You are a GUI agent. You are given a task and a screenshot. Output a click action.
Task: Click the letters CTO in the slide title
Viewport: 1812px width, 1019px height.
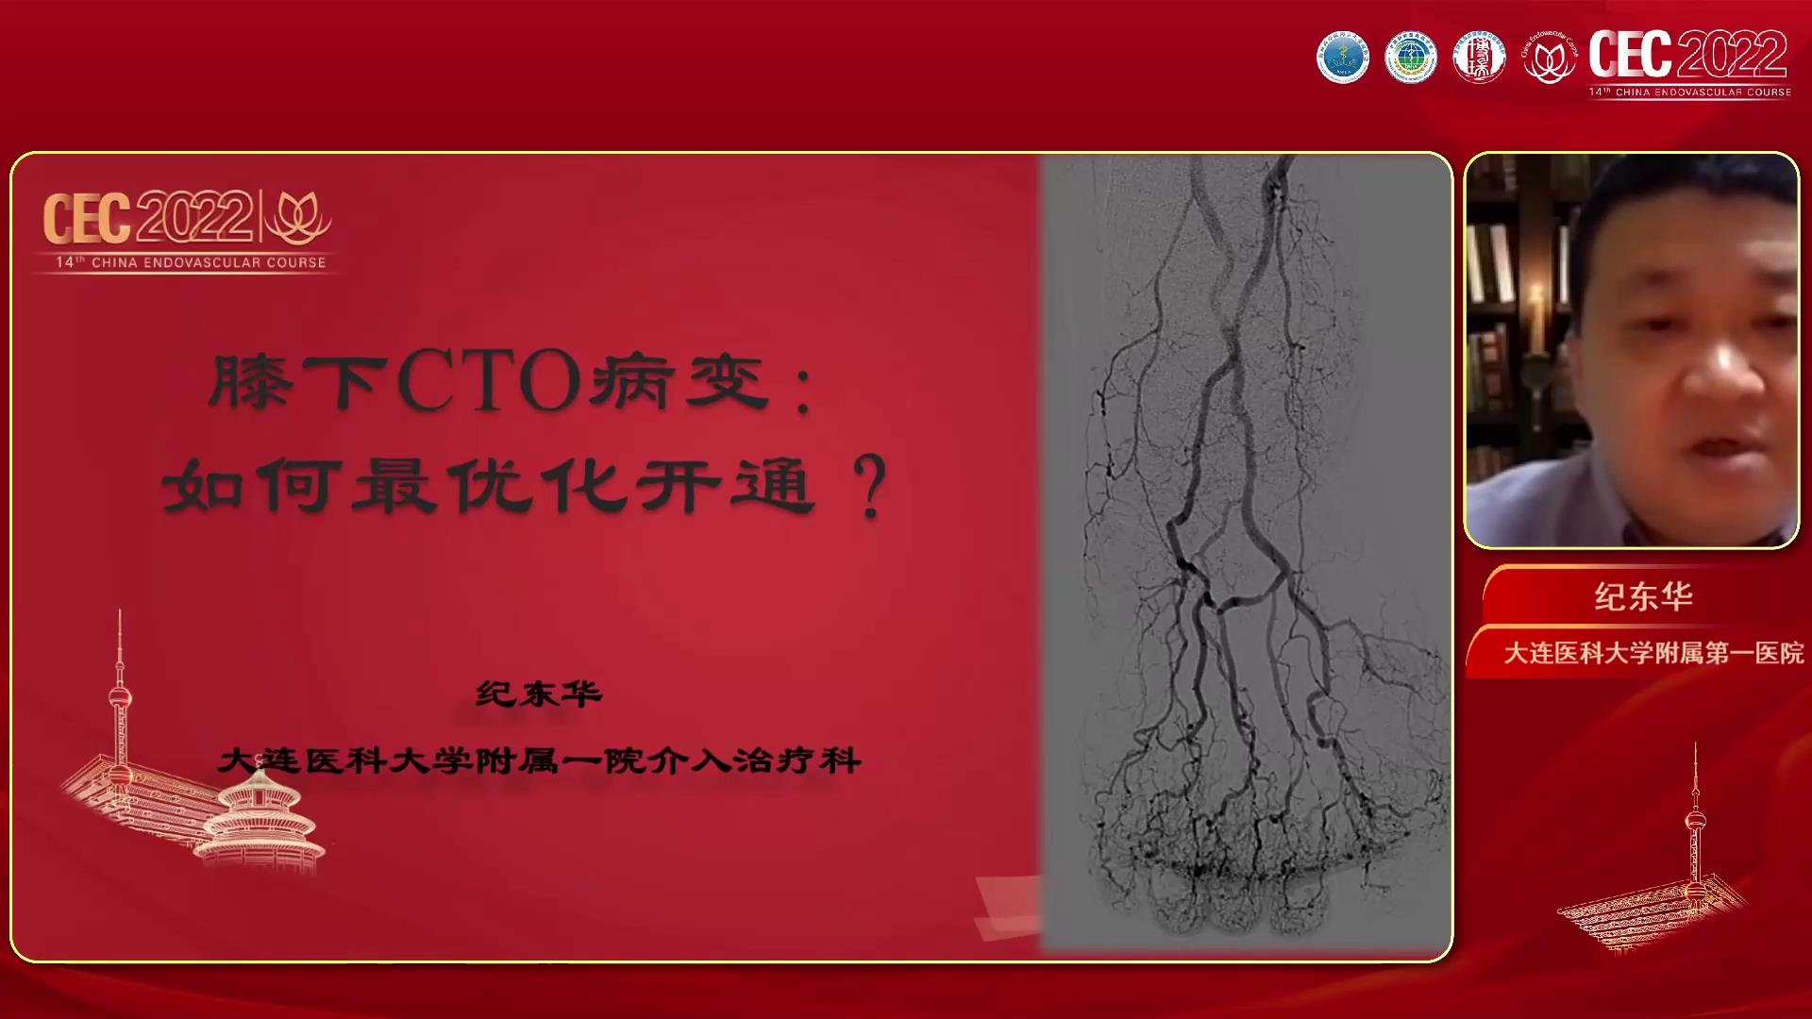tap(489, 382)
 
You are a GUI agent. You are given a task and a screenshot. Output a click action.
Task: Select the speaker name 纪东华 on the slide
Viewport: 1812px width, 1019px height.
tap(539, 694)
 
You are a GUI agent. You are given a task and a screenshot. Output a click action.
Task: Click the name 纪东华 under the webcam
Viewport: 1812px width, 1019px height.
tap(1643, 596)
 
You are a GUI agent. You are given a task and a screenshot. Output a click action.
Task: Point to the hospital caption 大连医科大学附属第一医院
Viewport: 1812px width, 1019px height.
tap(1653, 653)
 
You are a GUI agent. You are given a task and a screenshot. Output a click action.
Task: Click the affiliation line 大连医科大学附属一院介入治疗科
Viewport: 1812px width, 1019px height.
tap(539, 760)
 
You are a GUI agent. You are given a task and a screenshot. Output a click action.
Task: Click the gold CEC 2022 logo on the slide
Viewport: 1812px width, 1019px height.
tap(148, 218)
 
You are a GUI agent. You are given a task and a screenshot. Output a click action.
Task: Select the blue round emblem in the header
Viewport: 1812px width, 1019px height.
tap(1342, 58)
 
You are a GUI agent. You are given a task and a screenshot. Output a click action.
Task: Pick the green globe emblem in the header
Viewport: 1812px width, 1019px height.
tap(1410, 58)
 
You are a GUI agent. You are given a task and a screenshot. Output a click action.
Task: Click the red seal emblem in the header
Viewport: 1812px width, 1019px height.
tap(1478, 58)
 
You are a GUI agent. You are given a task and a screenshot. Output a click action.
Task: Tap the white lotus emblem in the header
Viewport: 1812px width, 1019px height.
tap(1548, 58)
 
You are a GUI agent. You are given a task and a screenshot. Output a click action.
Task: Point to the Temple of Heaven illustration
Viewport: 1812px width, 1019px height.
tap(261, 821)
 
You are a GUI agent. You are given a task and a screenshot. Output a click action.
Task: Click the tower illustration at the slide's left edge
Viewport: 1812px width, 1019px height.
tap(120, 698)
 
